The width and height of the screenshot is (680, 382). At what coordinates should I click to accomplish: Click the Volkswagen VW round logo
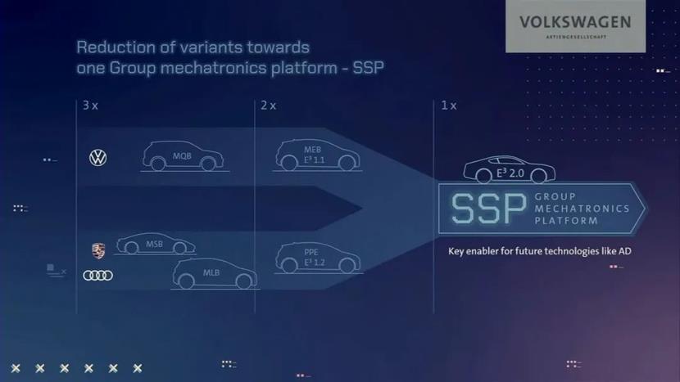click(x=98, y=158)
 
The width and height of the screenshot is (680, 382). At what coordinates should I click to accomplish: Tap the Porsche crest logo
click(x=98, y=251)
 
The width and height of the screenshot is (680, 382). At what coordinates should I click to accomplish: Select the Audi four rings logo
click(x=98, y=276)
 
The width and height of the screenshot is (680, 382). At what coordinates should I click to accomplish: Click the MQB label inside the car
click(x=182, y=156)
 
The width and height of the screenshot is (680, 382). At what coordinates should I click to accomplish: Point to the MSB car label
click(x=154, y=245)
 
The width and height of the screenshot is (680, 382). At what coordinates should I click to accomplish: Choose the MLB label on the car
click(x=211, y=273)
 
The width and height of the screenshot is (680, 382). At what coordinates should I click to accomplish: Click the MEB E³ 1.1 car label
click(x=314, y=155)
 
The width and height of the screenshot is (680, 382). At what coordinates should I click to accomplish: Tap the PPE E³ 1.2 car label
click(x=314, y=258)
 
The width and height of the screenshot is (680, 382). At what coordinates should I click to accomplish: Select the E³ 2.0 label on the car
click(x=510, y=173)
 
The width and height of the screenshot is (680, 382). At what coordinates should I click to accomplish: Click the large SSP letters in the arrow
click(x=489, y=209)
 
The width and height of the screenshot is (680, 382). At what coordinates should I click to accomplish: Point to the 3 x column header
click(x=90, y=106)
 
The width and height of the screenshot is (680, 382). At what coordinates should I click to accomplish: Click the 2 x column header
click(x=269, y=106)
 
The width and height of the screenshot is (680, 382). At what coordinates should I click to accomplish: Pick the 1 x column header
click(x=449, y=106)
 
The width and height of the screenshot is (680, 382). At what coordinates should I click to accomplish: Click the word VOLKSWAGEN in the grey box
click(x=575, y=22)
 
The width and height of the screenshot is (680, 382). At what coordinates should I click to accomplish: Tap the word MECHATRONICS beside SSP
click(x=582, y=209)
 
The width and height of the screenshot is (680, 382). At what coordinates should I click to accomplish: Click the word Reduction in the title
click(x=116, y=47)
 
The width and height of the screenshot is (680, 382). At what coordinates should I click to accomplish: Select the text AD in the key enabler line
click(x=625, y=251)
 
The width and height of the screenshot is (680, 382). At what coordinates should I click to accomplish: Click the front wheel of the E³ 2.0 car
click(x=539, y=175)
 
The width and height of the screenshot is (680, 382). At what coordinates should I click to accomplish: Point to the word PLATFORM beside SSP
click(x=566, y=221)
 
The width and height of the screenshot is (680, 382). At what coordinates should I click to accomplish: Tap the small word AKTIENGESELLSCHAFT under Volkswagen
click(x=576, y=37)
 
